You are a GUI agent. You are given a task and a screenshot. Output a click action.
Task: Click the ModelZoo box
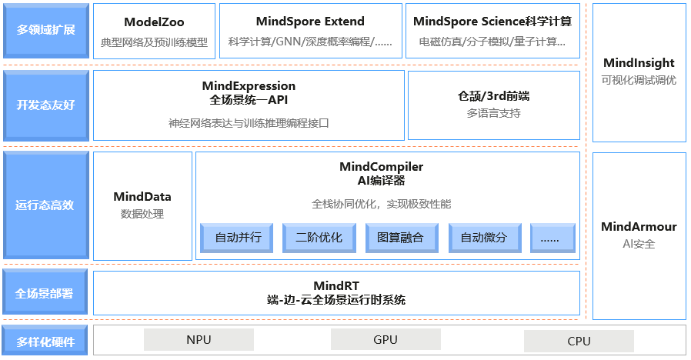click(154, 31)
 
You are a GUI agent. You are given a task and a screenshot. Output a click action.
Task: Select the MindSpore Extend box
click(310, 31)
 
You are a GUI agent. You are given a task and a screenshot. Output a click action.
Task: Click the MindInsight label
click(639, 63)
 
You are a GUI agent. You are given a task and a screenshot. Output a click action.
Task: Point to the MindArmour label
click(639, 227)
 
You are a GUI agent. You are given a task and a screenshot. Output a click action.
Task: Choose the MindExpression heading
click(249, 86)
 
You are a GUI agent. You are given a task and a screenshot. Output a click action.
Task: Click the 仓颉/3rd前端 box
click(493, 105)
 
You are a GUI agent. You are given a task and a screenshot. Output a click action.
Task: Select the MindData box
click(142, 205)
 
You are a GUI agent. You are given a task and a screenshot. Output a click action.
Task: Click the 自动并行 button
click(238, 238)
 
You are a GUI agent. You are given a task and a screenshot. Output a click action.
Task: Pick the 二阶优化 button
click(319, 238)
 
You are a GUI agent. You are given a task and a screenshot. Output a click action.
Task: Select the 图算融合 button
click(401, 238)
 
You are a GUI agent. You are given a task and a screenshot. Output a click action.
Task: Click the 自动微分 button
click(483, 238)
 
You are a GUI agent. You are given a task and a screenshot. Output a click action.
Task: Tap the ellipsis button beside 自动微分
click(552, 238)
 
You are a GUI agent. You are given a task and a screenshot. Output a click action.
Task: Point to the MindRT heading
click(336, 286)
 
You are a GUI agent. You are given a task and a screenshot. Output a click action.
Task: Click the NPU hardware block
click(199, 340)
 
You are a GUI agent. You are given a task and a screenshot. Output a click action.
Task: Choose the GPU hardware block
click(386, 339)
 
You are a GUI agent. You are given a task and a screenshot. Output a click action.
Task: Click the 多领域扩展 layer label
click(45, 31)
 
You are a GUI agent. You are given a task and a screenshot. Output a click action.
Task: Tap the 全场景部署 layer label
click(45, 293)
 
